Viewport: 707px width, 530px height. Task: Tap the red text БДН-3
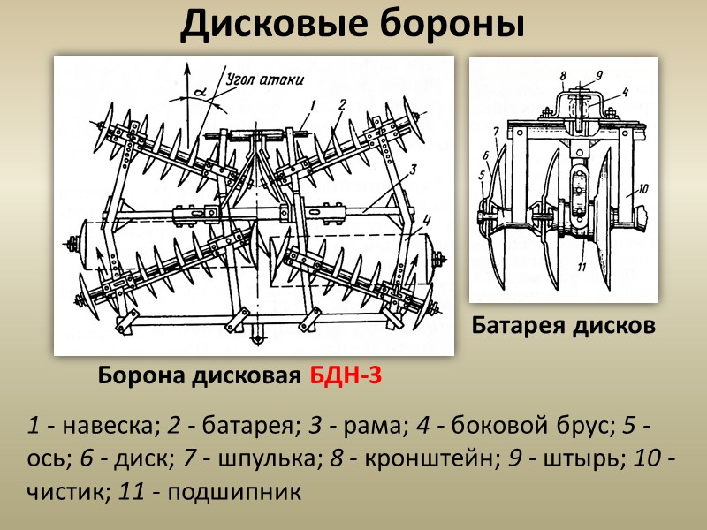(346, 377)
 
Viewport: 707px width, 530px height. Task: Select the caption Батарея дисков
(564, 326)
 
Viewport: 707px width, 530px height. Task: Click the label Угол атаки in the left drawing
(264, 79)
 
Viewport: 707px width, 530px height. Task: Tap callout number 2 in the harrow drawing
(342, 103)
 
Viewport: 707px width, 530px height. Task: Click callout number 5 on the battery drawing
(482, 175)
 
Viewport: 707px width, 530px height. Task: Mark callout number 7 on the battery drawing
(497, 132)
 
